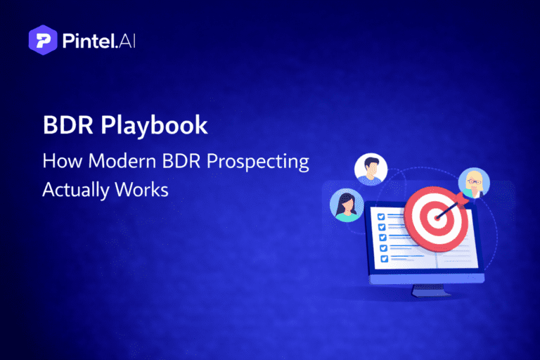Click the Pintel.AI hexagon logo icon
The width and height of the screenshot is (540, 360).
(41, 40)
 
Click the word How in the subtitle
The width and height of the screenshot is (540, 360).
(58, 161)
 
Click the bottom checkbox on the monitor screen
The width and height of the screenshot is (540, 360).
(382, 259)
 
